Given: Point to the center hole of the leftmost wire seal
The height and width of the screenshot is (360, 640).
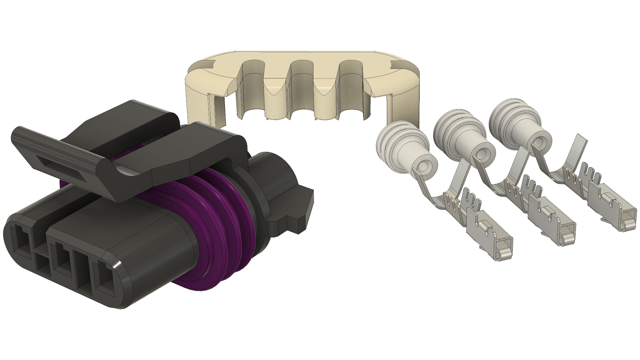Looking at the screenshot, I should [426, 166].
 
